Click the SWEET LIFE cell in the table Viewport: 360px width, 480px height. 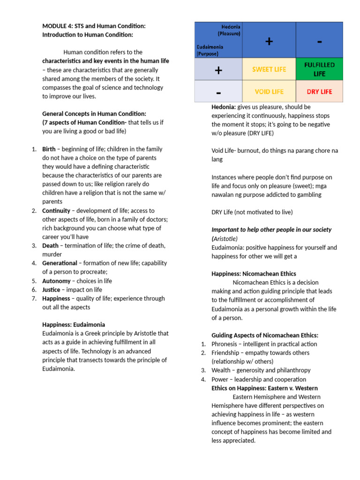click(x=269, y=69)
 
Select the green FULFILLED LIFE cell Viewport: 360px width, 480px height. click(x=319, y=69)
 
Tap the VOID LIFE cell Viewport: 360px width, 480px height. click(x=269, y=91)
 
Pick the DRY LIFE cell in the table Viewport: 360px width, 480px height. click(x=319, y=91)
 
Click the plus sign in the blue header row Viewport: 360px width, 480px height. click(x=269, y=41)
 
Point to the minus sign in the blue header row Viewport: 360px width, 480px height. click(x=319, y=41)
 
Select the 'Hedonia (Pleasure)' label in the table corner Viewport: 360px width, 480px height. click(x=229, y=30)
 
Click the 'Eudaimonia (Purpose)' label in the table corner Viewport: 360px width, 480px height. click(x=210, y=50)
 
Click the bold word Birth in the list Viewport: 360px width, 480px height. click(x=49, y=149)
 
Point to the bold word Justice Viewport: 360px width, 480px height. click(x=51, y=290)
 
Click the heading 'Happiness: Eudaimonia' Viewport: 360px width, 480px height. click(x=74, y=324)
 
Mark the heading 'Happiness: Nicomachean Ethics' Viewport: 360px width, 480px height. click(x=254, y=274)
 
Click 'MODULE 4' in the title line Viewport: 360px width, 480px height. click(x=56, y=26)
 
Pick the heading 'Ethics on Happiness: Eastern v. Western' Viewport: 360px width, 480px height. click(x=264, y=388)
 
